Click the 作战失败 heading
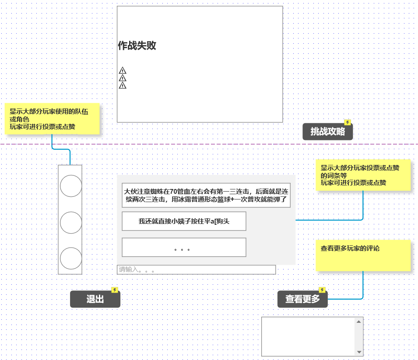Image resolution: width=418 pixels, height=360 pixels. coord(137,45)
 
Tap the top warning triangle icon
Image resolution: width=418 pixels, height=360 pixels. coord(123,70)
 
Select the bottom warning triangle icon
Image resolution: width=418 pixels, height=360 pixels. coord(123,85)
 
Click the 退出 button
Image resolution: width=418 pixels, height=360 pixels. coord(95,300)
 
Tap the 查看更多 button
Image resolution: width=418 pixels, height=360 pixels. coord(302,300)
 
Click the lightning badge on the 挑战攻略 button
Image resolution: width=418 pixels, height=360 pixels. coord(348,123)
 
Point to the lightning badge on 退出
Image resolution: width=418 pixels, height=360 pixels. coord(115,290)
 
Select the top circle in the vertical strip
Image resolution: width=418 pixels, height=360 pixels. coord(70,186)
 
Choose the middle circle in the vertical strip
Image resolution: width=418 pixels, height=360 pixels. coord(70,222)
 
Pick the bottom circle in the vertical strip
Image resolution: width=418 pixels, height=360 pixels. coord(70,258)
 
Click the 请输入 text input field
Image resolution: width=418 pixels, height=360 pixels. coord(196,269)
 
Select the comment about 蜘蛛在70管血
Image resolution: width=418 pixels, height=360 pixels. coord(206,195)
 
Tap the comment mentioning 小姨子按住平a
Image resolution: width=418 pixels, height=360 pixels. coord(184,221)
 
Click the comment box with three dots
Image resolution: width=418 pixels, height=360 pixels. coord(184,248)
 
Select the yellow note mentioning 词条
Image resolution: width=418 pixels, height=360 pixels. coord(363,175)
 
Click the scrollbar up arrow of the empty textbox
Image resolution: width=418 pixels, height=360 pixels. coord(359,322)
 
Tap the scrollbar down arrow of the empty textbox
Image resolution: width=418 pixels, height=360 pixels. coord(359,352)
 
